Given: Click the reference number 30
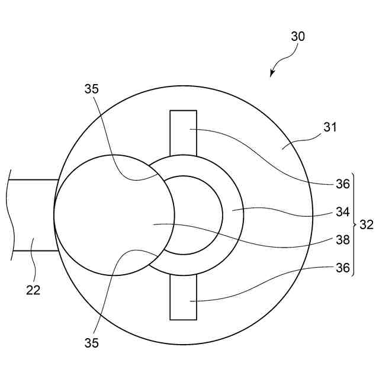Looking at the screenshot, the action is coord(298,36).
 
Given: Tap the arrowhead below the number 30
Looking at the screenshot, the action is coord(272,74).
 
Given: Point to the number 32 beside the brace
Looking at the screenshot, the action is coord(367,224).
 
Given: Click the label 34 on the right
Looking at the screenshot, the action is coord(343,211).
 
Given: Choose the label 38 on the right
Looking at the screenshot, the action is coord(343,240).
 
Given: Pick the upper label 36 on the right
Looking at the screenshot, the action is coord(343,184).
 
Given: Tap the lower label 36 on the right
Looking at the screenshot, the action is coord(343,267).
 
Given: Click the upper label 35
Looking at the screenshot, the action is coord(92,90).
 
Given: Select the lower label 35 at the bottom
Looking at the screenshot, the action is coord(92,343).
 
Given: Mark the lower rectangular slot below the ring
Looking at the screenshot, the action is coord(183,296).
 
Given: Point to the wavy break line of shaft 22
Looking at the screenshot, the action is coord(10,215).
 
